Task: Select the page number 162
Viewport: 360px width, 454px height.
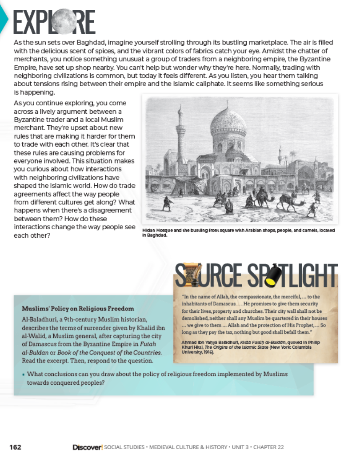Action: tap(15, 447)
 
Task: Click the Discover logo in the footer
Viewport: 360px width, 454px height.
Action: tap(88, 447)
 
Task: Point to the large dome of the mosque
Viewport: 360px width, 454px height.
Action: tap(228, 123)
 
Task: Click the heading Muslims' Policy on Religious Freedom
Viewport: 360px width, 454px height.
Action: tap(78, 308)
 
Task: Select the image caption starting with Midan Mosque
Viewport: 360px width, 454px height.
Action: tap(238, 232)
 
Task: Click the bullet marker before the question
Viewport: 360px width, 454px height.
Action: tap(23, 374)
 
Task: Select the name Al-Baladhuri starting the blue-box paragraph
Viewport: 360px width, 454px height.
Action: tap(38, 320)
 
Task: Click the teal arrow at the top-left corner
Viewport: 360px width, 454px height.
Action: tap(4, 20)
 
